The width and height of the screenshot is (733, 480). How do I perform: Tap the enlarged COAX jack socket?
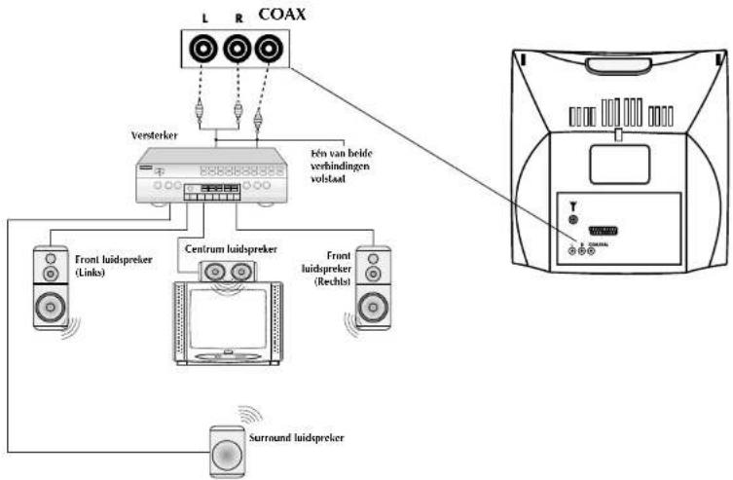(270, 47)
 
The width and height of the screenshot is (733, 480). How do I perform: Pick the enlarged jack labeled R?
(236, 47)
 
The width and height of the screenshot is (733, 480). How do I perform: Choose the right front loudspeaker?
(373, 287)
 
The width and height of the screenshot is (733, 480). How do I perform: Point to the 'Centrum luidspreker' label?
(225, 248)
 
